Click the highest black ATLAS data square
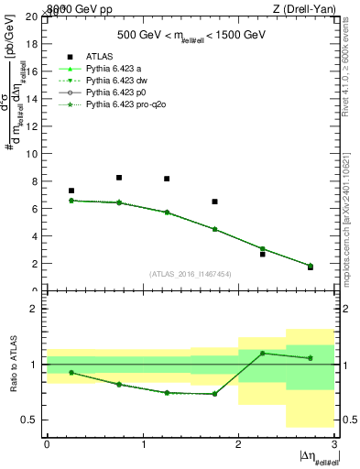click(x=119, y=178)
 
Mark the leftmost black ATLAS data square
click(x=71, y=191)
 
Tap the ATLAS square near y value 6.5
click(x=214, y=202)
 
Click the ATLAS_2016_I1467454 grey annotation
click(x=189, y=273)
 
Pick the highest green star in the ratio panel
click(x=262, y=353)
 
